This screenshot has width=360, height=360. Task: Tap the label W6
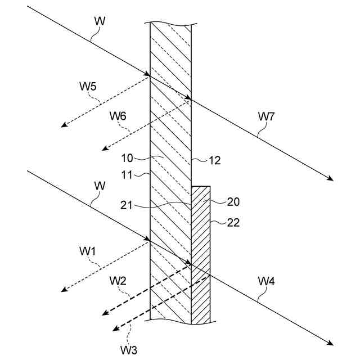coord(118,116)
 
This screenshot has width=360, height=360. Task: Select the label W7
coord(267,116)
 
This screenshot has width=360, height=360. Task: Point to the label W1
coord(88,251)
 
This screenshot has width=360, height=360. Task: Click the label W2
coord(118,281)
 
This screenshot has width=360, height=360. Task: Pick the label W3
coord(128,349)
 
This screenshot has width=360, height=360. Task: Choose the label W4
coord(267,281)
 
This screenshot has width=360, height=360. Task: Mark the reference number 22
coord(233,222)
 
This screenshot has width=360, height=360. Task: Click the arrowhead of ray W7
coord(332,179)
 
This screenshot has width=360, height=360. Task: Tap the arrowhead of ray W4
coord(331,344)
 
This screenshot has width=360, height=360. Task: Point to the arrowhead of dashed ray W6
coord(103,148)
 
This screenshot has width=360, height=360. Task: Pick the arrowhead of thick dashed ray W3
coord(115,330)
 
